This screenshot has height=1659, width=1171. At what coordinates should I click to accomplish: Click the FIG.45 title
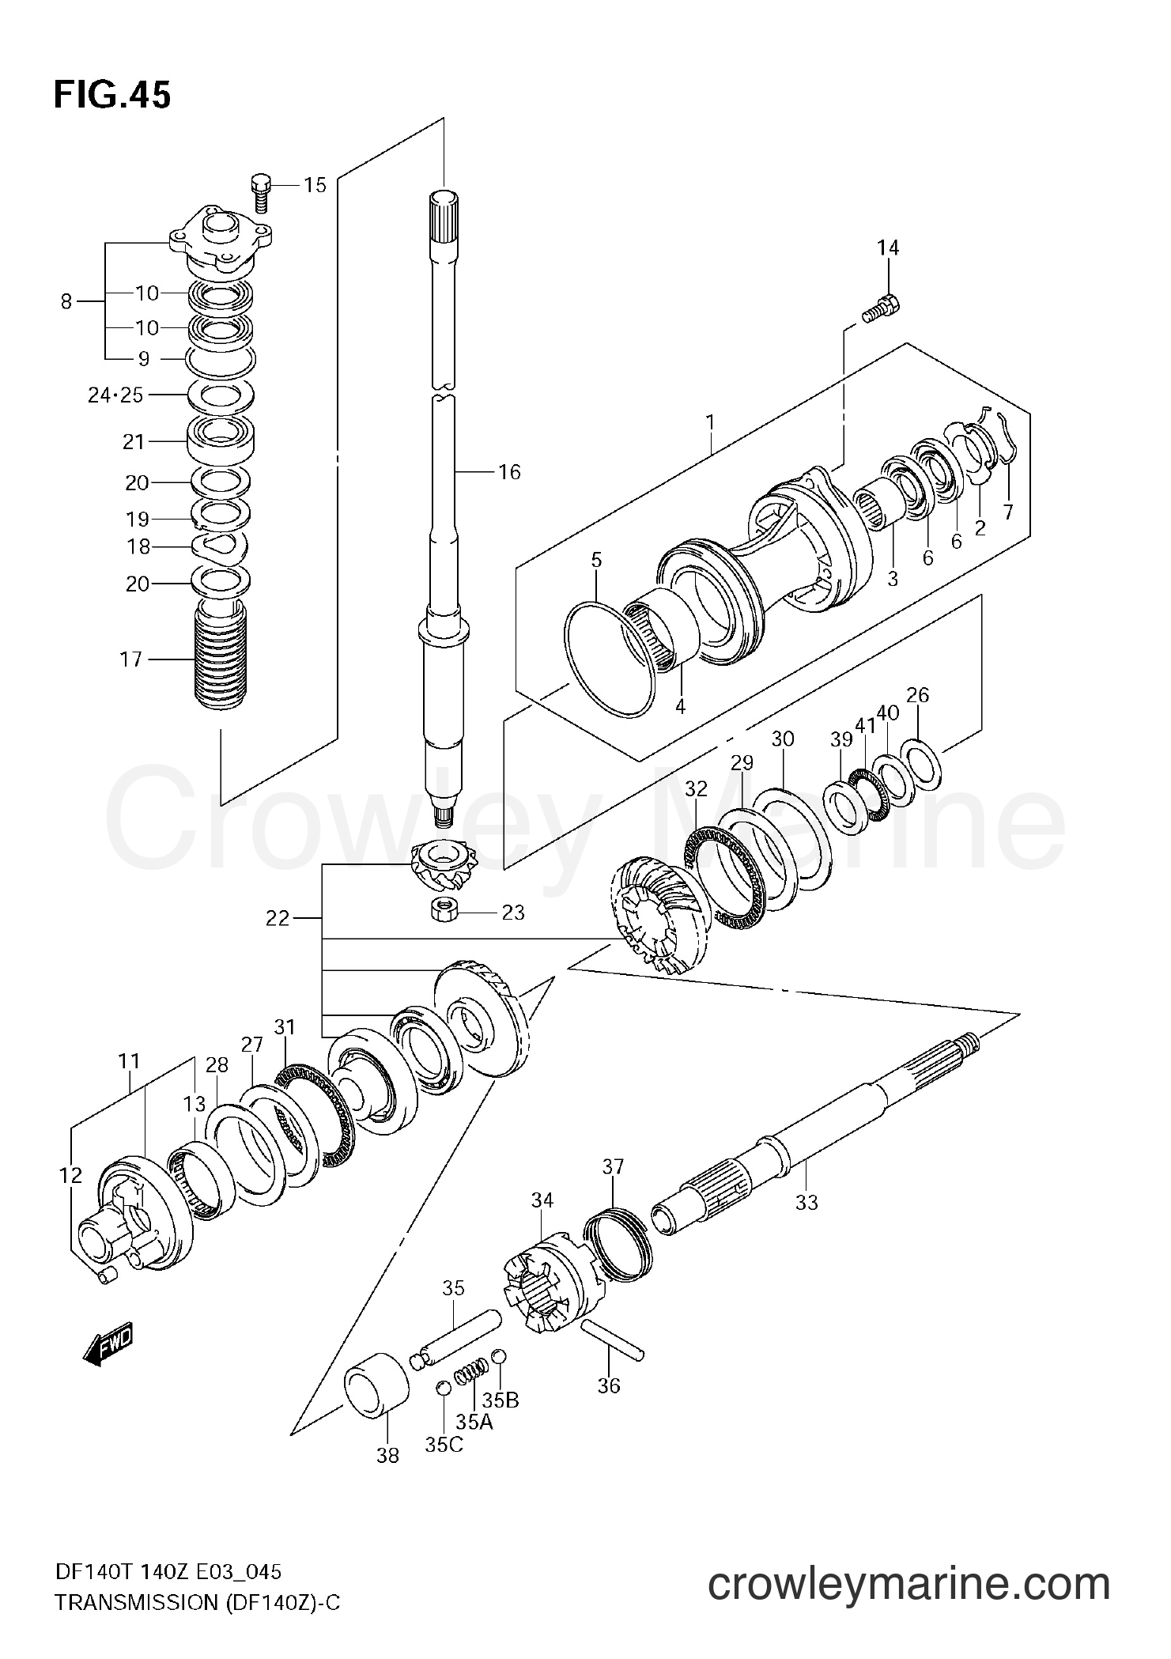coord(111,95)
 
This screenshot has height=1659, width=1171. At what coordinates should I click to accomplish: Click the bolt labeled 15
coord(261,192)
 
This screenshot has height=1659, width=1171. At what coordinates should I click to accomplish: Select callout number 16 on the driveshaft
coord(509,472)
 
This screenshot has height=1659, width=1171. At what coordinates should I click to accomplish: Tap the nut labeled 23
coord(445,911)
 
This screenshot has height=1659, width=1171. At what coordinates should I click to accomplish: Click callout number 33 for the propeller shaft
coord(806,1203)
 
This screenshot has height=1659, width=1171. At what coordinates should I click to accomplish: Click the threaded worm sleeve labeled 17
coord(220,656)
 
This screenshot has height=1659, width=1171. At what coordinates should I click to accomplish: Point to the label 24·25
coord(115,395)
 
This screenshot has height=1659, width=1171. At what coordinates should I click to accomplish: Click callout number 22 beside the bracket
coord(278,918)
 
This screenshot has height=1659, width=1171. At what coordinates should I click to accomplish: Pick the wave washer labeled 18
coord(221,545)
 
